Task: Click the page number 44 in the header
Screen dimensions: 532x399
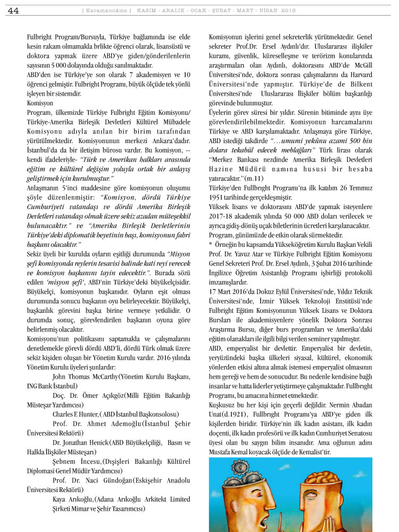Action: click(x=13, y=11)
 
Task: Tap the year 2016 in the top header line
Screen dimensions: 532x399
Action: click(x=288, y=11)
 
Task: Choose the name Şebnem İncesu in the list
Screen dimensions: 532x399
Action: click(x=77, y=461)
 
